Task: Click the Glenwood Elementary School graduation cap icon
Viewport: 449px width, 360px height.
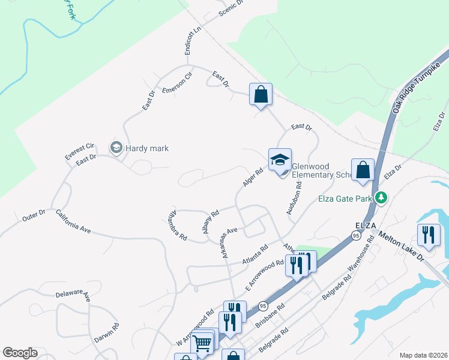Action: (280, 160)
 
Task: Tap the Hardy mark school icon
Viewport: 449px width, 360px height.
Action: (115, 148)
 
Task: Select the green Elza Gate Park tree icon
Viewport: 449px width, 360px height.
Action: (381, 197)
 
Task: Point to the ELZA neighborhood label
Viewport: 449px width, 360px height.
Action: (365, 224)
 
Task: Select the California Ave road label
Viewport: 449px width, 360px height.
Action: (73, 222)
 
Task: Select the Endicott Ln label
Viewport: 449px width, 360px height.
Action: (193, 41)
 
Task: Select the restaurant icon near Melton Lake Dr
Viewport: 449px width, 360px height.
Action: (429, 235)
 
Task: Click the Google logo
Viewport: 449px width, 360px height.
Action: (20, 353)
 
